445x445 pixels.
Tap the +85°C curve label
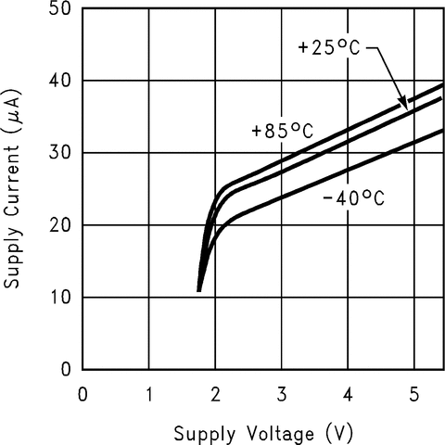coord(282,132)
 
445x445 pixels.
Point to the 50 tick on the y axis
coord(60,9)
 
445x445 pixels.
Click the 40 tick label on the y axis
coord(60,82)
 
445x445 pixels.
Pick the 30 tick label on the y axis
coord(60,153)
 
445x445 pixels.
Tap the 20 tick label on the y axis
coord(60,225)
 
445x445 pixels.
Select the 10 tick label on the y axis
coord(60,298)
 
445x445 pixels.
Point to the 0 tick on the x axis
coord(83,393)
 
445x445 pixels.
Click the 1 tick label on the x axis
coord(149,393)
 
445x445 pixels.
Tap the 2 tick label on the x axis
coord(215,393)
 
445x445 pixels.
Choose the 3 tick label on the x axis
coord(281,393)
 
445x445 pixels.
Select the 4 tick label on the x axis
coord(348,393)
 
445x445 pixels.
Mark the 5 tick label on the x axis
coord(413,393)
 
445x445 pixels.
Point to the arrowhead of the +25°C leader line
coord(404,106)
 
